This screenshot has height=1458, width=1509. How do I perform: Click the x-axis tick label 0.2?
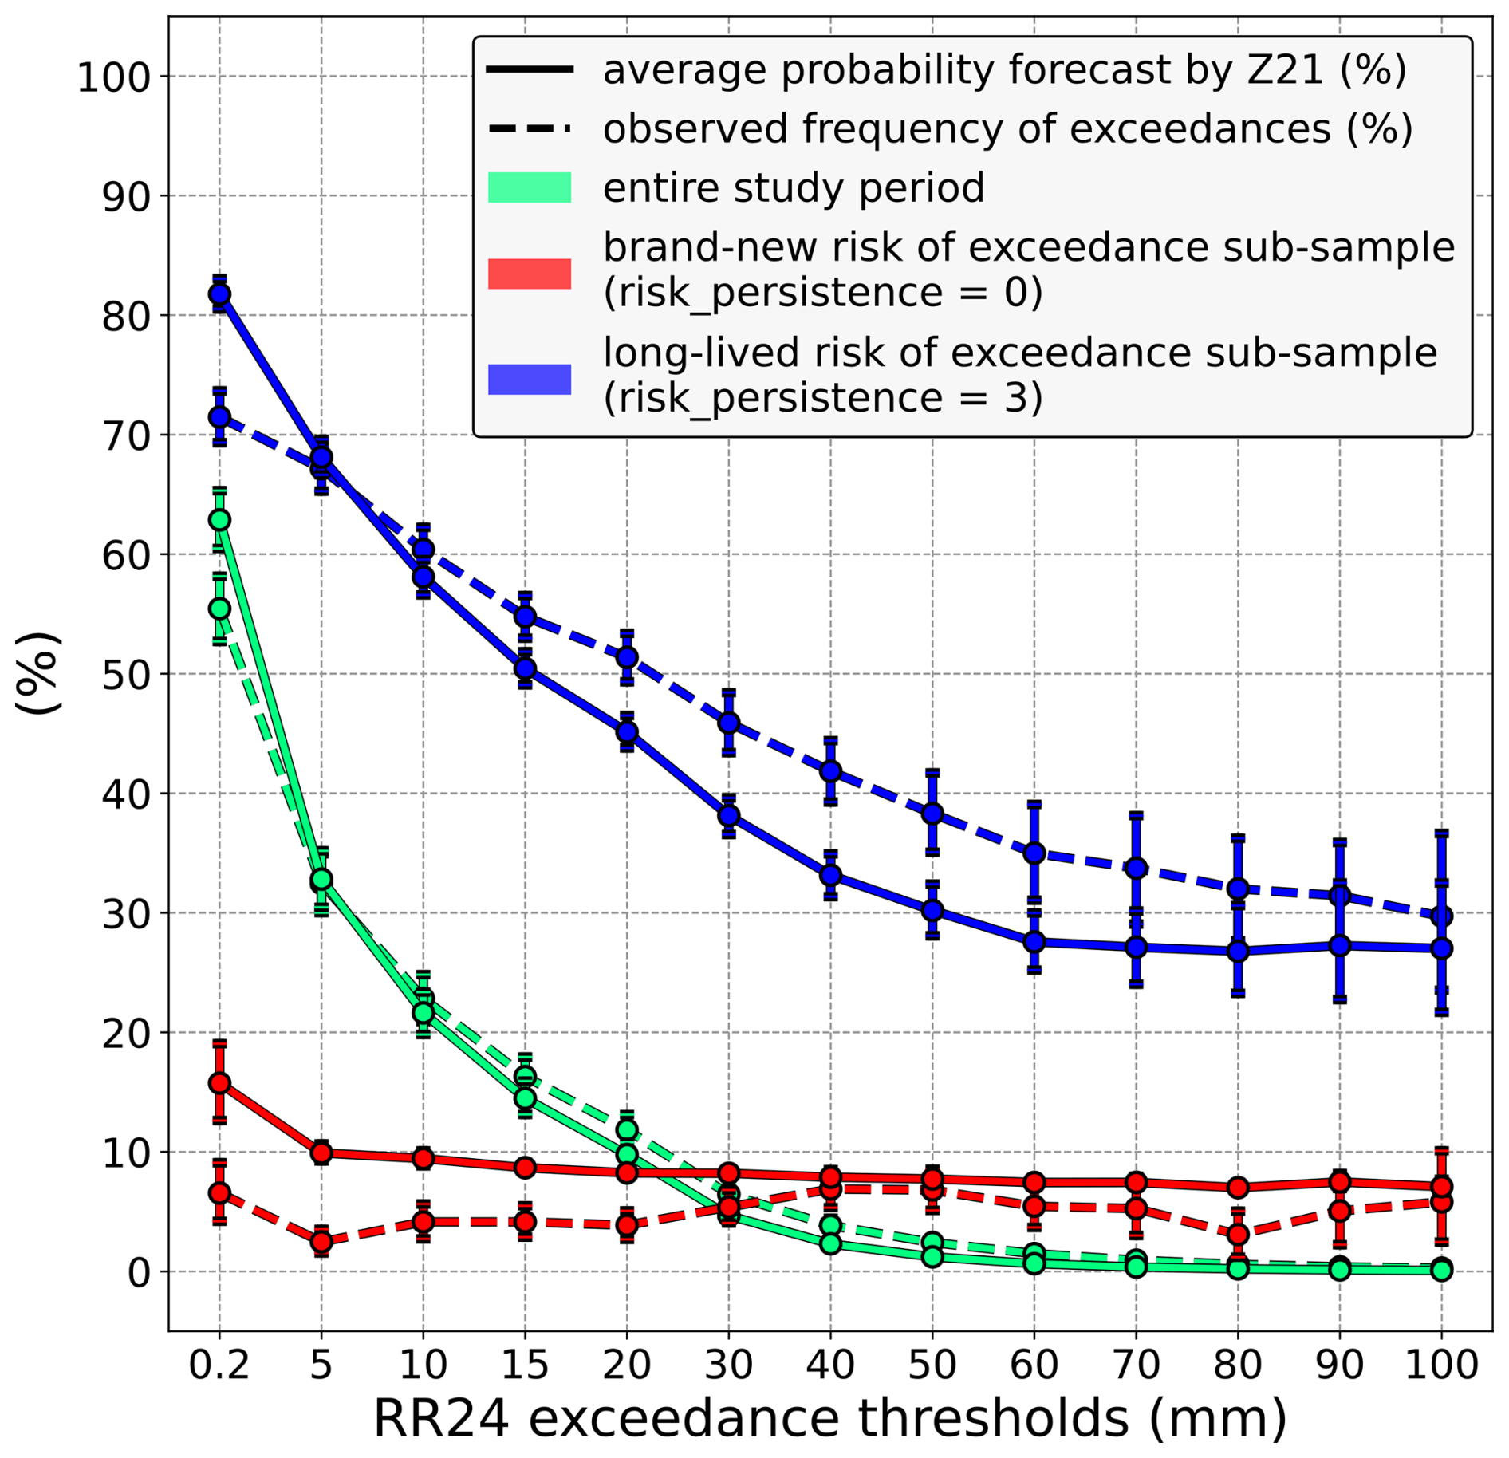click(219, 1365)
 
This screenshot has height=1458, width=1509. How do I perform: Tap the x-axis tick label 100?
click(1440, 1365)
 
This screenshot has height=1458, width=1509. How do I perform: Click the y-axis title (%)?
click(38, 672)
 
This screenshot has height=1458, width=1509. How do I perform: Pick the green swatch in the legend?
click(530, 187)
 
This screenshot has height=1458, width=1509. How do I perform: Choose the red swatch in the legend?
click(530, 273)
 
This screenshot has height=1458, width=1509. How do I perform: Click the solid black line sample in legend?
click(530, 70)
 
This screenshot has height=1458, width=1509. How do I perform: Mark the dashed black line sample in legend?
click(530, 128)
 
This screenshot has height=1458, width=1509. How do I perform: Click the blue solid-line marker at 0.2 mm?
click(219, 294)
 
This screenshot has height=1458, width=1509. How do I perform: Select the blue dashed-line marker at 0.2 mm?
click(219, 416)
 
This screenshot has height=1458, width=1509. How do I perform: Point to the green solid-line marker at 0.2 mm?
click(219, 520)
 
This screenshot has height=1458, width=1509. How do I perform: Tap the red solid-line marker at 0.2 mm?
click(219, 1083)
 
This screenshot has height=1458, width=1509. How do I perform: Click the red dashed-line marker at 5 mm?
click(321, 1241)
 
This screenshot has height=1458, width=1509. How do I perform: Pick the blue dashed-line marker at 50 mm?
click(932, 814)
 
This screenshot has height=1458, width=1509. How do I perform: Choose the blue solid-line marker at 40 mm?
click(830, 875)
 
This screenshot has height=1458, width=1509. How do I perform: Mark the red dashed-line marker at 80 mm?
click(1238, 1235)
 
